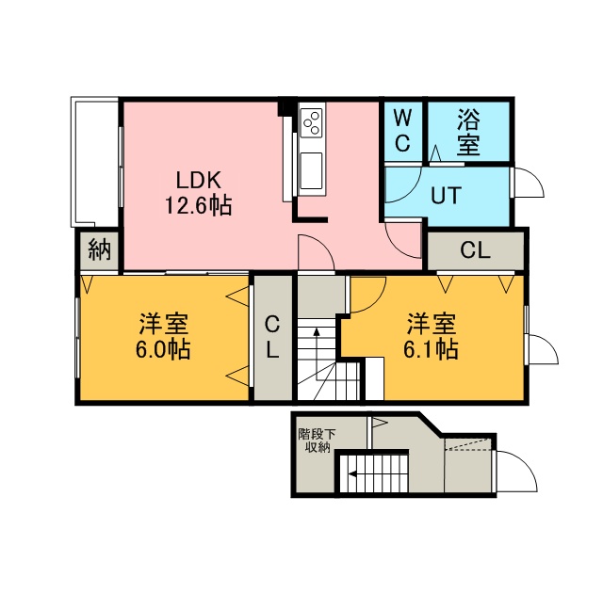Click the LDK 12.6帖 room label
point(199,193)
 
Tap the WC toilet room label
point(402,130)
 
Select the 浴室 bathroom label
point(468,132)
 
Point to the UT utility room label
point(446,195)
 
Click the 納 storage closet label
point(100,249)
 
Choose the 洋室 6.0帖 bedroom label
point(163,336)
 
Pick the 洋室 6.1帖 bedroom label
point(432,336)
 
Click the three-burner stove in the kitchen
point(311,122)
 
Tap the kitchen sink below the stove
point(311,171)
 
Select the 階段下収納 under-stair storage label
point(318,441)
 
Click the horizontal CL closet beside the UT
point(476,250)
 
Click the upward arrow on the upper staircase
point(317,354)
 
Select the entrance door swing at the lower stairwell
point(516,471)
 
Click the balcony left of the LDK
point(94,162)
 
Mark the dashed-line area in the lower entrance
point(468,443)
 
